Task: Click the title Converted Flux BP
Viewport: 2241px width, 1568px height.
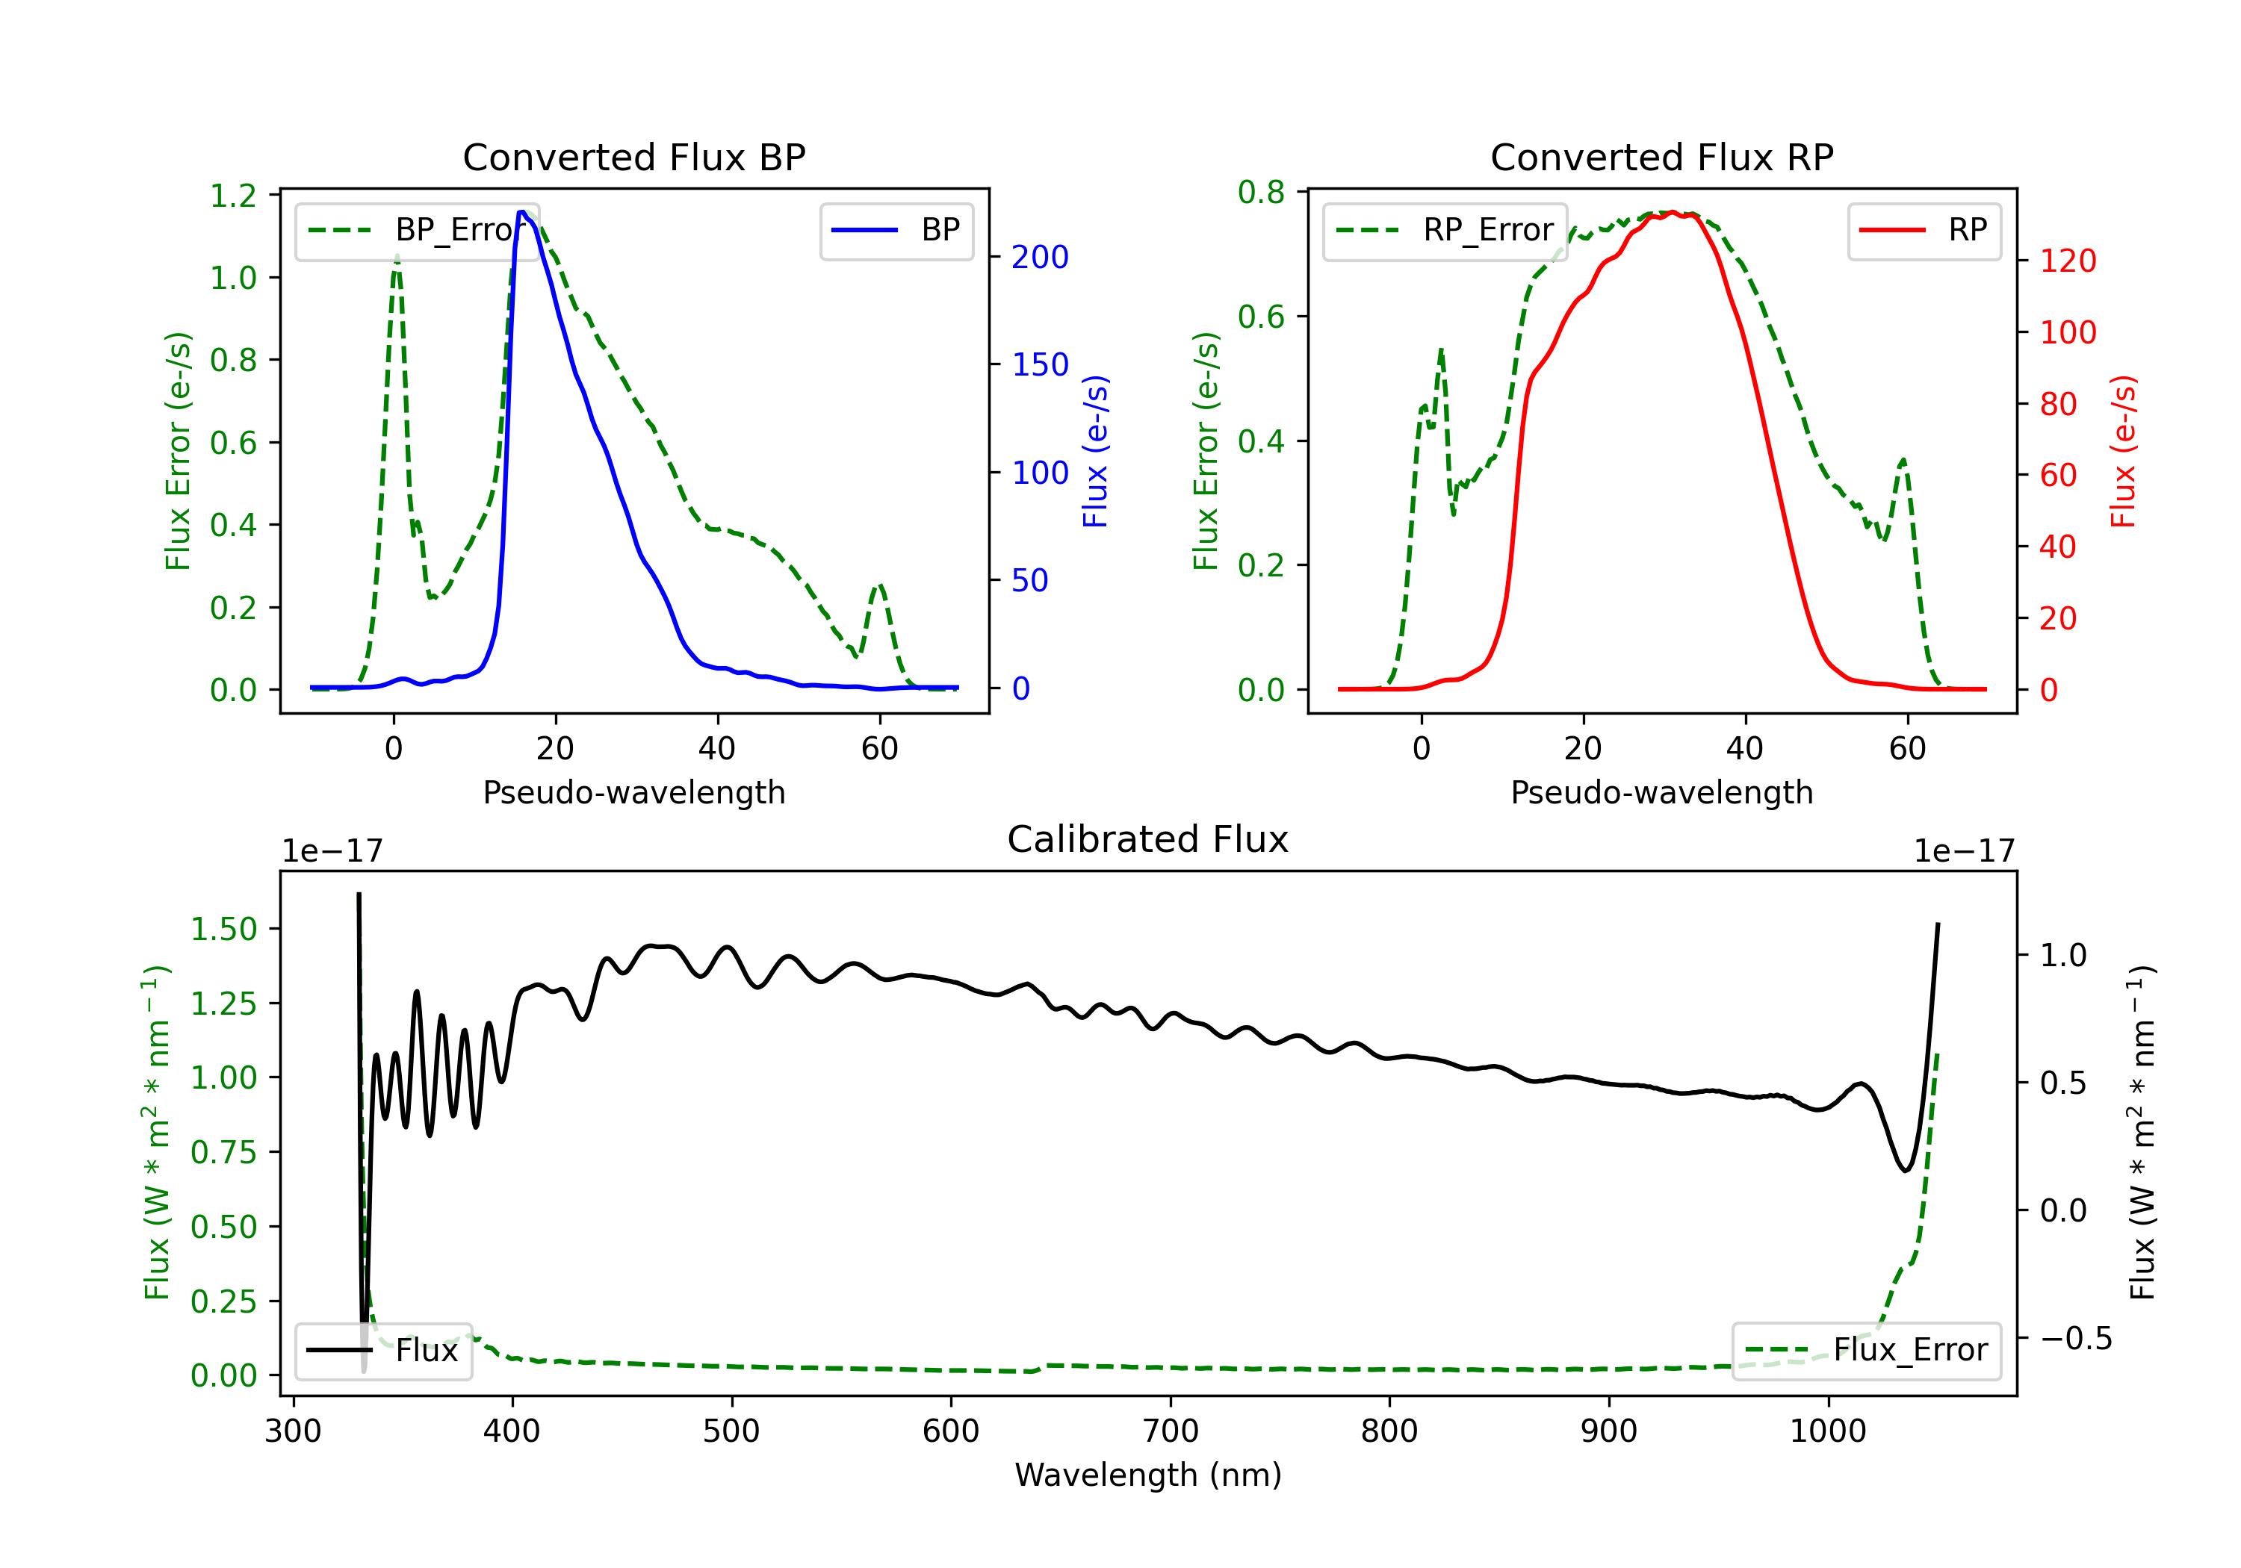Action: pyautogui.click(x=633, y=157)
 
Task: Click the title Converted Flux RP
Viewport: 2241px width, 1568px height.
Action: pyautogui.click(x=1661, y=157)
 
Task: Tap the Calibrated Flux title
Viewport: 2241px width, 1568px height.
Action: pyautogui.click(x=1148, y=839)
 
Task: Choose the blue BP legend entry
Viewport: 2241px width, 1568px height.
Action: pyautogui.click(x=896, y=230)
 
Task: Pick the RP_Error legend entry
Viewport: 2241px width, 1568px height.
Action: pyautogui.click(x=1445, y=230)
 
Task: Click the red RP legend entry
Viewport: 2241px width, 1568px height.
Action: pyautogui.click(x=1924, y=230)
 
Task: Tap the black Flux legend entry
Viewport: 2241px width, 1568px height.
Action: pyautogui.click(x=382, y=1351)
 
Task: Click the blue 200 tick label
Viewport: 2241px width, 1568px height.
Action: pyautogui.click(x=1041, y=257)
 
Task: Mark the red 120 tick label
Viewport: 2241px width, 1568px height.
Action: pyautogui.click(x=2068, y=261)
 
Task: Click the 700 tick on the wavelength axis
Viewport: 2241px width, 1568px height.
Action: pyautogui.click(x=1171, y=1431)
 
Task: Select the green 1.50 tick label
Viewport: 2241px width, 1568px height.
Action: pyautogui.click(x=223, y=929)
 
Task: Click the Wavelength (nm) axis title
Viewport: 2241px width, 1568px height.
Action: pyautogui.click(x=1148, y=1475)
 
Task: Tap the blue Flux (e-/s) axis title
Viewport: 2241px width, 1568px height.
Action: pyautogui.click(x=1095, y=452)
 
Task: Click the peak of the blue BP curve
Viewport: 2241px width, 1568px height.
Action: pyautogui.click(x=522, y=212)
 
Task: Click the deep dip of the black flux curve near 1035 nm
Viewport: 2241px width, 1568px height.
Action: pyautogui.click(x=1906, y=1170)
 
